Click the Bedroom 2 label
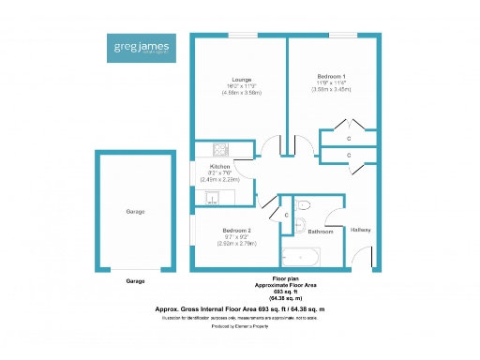pos(236,231)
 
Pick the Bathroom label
pos(321,231)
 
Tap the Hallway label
pos(361,230)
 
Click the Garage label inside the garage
pos(136,213)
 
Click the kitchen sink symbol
pos(214,197)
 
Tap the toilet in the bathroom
pos(303,206)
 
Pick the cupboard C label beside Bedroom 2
pos(285,216)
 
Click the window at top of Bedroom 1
pos(342,36)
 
